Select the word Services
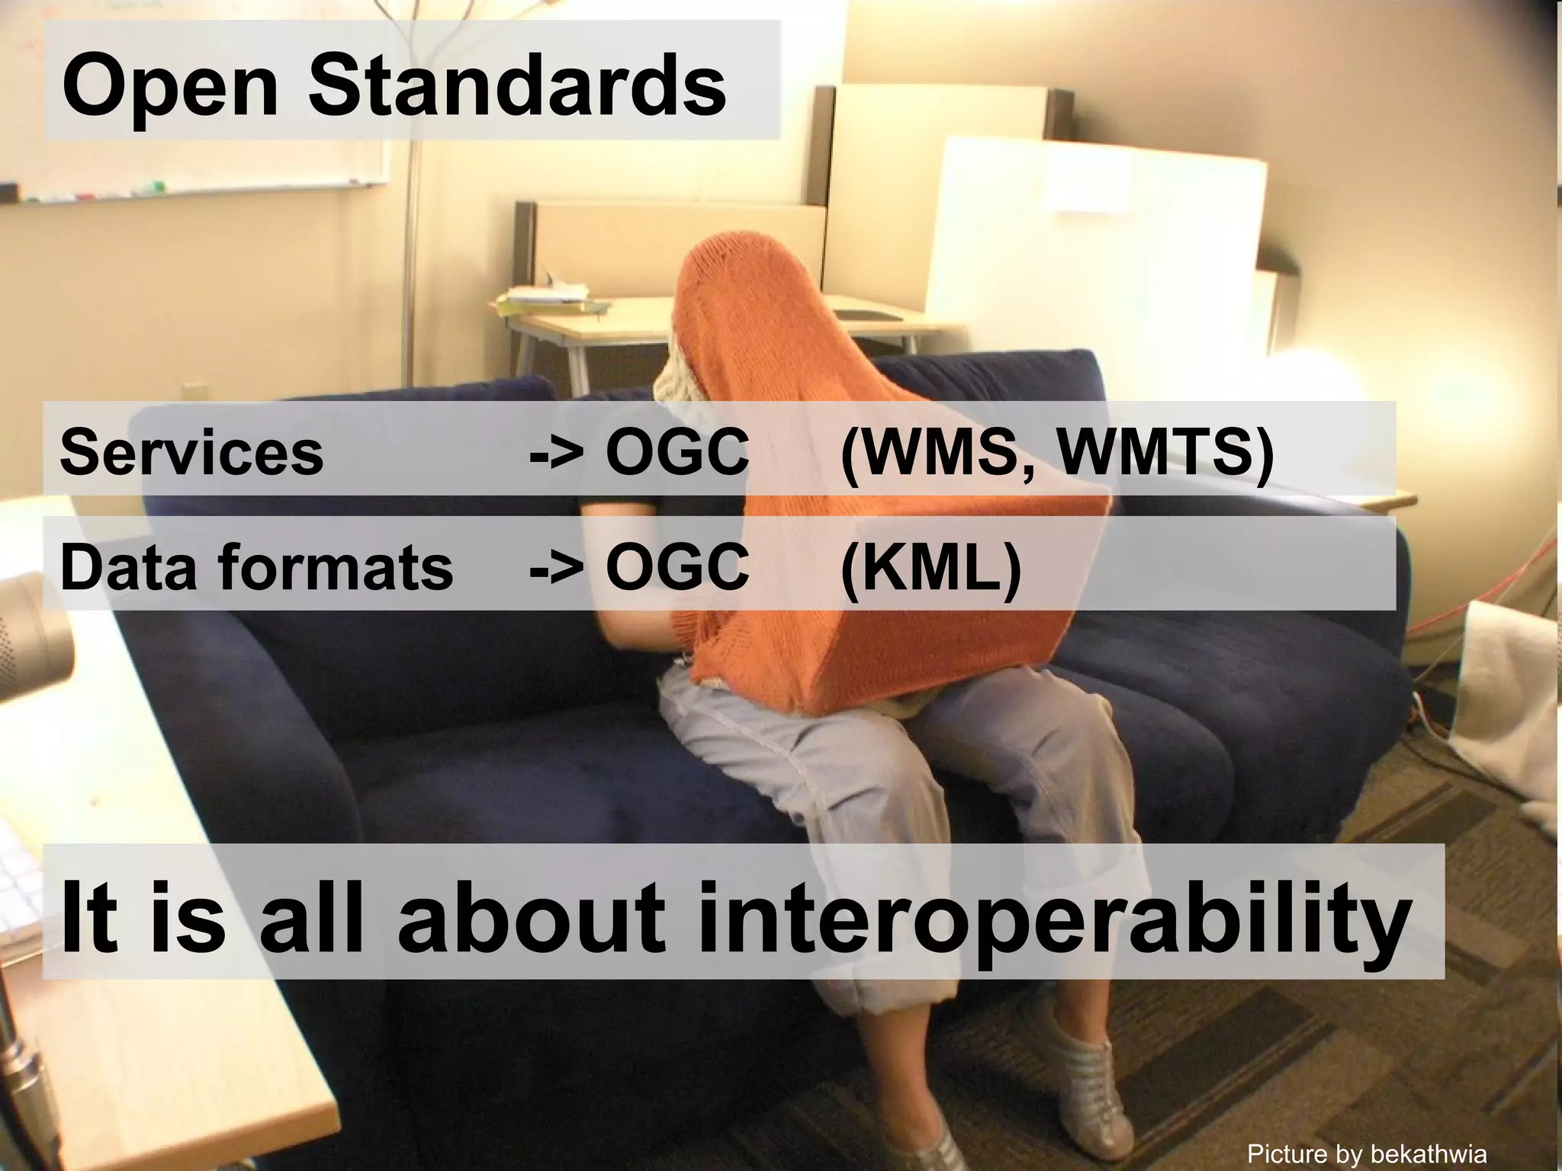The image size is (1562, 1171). click(x=191, y=452)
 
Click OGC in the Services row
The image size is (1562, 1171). click(x=677, y=452)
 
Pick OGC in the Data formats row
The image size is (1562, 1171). click(x=677, y=567)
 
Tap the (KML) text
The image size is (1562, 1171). click(x=931, y=568)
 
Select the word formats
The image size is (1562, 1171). click(x=336, y=568)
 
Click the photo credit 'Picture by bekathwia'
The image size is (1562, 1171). click(x=1367, y=1153)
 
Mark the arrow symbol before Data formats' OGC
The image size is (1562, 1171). click(x=557, y=569)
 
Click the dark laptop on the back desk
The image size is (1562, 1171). click(x=862, y=313)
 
